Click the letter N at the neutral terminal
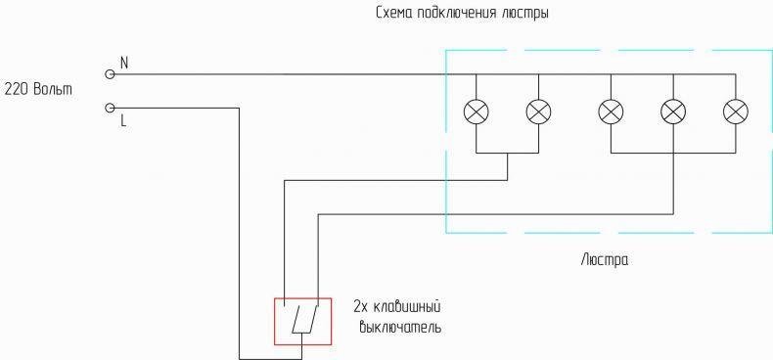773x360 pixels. [x=124, y=64]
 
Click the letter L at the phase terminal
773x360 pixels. [x=123, y=121]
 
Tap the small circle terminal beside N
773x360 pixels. [x=110, y=74]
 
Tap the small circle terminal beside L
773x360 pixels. [x=110, y=108]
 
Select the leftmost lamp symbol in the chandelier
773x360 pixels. [x=477, y=112]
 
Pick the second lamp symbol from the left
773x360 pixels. [x=538, y=112]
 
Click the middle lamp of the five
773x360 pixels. [x=611, y=112]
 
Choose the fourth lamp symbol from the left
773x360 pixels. [x=673, y=112]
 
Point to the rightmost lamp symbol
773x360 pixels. [x=736, y=112]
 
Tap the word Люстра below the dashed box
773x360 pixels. [x=605, y=259]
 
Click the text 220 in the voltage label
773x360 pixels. [x=17, y=90]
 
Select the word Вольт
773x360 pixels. [x=53, y=90]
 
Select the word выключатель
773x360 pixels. [x=400, y=327]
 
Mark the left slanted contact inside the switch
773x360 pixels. [x=296, y=319]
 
